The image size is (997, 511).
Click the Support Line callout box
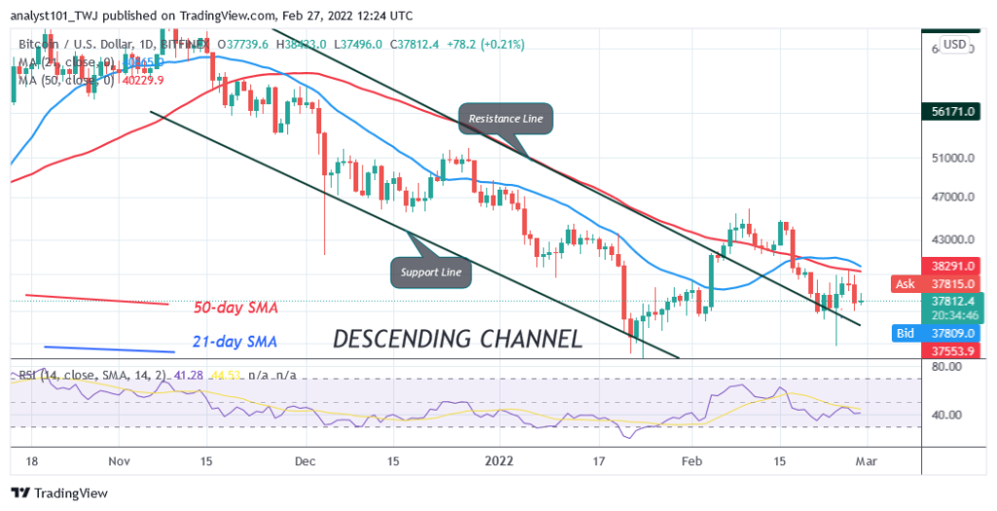(430, 272)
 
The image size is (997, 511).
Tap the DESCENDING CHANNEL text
(458, 339)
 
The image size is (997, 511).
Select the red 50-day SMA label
(237, 307)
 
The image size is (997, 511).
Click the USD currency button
(955, 45)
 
